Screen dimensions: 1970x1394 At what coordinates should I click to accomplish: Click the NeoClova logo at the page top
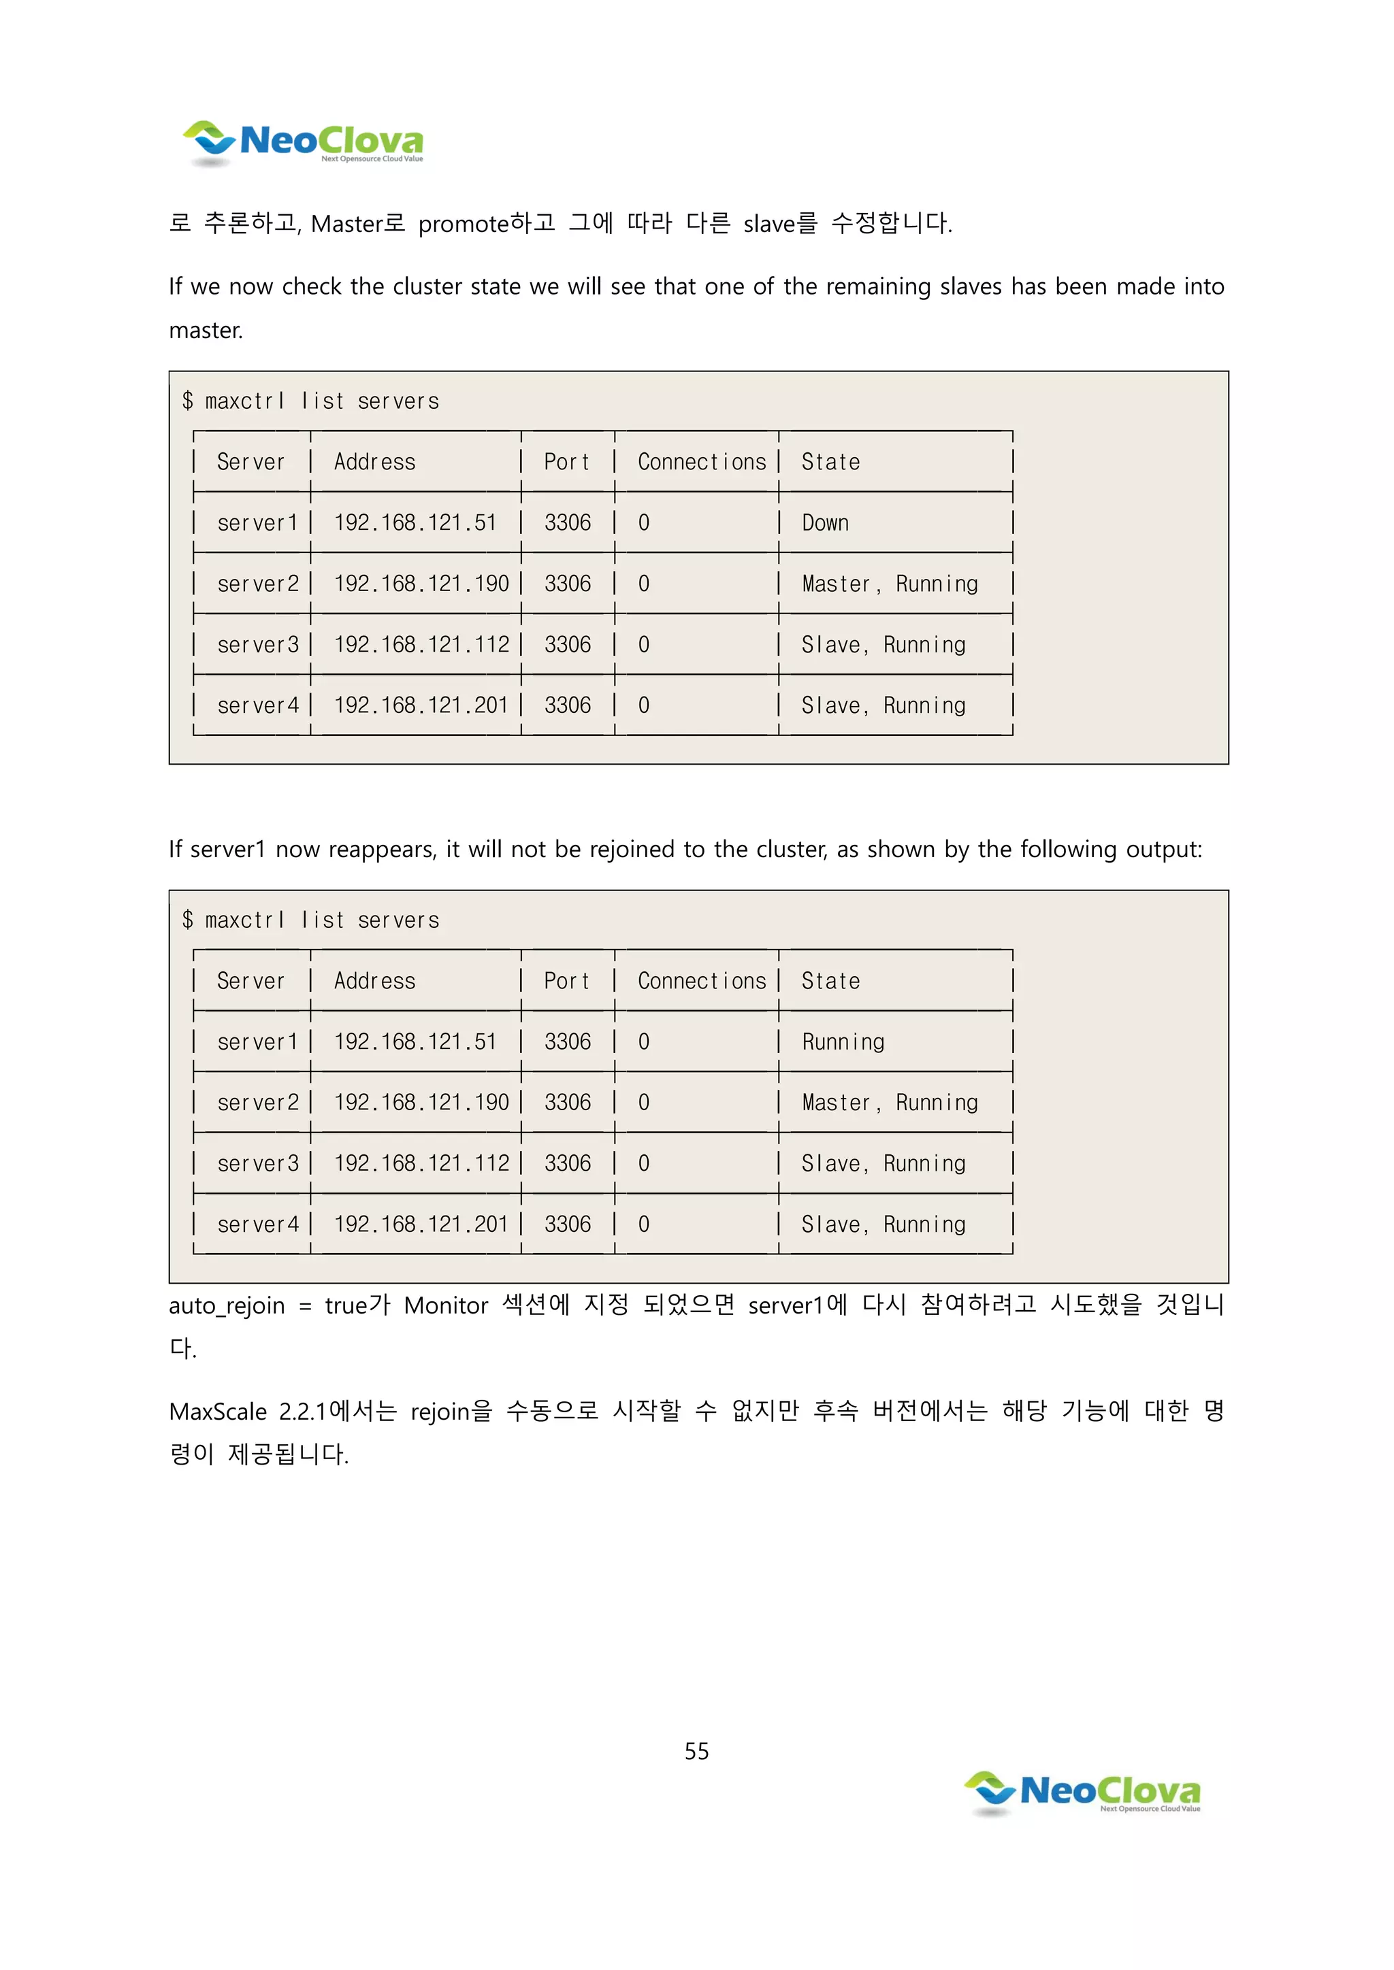(303, 142)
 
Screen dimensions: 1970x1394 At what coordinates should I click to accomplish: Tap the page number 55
(696, 1751)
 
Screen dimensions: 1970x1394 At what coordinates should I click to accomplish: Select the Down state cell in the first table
(825, 522)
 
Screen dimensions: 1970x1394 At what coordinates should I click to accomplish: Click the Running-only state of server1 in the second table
(843, 1041)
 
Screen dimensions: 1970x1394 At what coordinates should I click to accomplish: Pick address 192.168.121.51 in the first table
(415, 522)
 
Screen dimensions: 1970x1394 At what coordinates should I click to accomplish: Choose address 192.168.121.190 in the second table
(421, 1103)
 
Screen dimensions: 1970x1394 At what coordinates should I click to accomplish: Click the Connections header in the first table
(701, 462)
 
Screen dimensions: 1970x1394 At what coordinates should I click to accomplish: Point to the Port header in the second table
(566, 981)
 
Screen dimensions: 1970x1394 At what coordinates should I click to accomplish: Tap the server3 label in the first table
(257, 644)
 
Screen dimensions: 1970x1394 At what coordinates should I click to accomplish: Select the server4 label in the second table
(257, 1224)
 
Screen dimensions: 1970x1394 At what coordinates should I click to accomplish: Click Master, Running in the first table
(889, 584)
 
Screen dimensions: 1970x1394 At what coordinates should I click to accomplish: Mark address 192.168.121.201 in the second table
(421, 1224)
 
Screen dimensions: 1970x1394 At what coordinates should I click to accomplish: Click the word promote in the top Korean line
(464, 224)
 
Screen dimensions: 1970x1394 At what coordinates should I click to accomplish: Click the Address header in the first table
(374, 462)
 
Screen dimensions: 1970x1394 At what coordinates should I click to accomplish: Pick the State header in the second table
(830, 981)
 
